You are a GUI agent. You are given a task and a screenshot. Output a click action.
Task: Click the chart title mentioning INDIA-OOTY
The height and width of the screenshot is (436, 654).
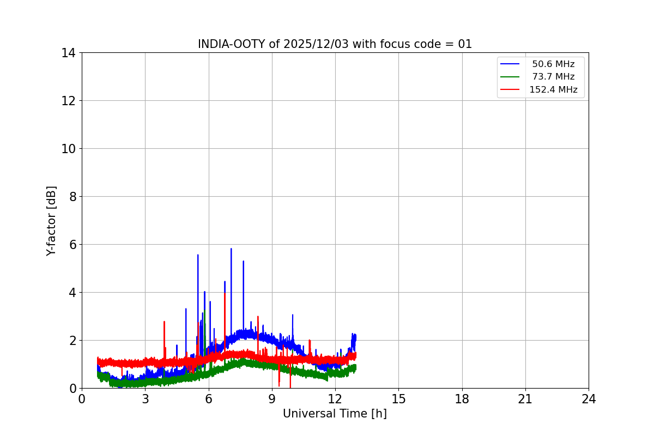click(335, 44)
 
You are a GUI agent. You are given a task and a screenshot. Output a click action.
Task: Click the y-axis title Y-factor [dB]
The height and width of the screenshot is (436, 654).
click(51, 221)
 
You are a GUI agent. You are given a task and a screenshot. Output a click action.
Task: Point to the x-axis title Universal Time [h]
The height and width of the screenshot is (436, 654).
click(335, 414)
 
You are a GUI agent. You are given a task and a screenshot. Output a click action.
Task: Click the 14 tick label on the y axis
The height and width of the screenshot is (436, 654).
click(68, 53)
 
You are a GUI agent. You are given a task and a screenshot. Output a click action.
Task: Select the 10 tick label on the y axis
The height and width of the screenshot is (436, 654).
click(68, 149)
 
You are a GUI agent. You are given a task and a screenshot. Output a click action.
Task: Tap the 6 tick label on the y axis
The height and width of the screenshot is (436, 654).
click(71, 245)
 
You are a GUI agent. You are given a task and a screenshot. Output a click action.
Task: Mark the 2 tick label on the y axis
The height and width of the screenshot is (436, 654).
click(71, 341)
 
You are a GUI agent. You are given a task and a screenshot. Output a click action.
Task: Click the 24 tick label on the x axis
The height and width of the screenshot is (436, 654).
click(589, 399)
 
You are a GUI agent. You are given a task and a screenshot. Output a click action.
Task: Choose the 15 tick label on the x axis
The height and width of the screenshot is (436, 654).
click(398, 399)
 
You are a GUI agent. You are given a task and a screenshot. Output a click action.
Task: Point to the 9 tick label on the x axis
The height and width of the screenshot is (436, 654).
click(272, 399)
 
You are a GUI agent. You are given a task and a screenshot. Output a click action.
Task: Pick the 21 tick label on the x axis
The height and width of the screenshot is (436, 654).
click(525, 399)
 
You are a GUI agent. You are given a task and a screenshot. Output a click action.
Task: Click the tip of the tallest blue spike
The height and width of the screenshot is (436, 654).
click(231, 249)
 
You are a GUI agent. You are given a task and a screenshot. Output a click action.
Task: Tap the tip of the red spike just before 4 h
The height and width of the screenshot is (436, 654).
click(164, 322)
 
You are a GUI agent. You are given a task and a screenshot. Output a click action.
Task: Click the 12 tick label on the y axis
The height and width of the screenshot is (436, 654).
click(68, 101)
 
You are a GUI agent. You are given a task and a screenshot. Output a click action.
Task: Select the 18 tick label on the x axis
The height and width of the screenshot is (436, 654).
click(462, 399)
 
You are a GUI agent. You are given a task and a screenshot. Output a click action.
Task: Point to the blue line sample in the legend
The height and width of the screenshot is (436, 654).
click(510, 64)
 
